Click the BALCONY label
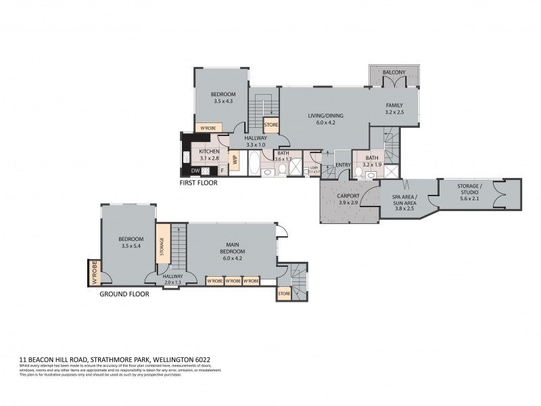tap(394, 72)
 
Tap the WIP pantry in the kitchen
tap(235, 160)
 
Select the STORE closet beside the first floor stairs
tap(271, 125)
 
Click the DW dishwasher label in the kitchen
tap(195, 171)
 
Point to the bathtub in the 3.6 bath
tap(254, 164)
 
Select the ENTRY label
tap(343, 164)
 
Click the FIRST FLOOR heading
tap(198, 183)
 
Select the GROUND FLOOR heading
tap(124, 294)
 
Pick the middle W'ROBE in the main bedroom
tap(233, 281)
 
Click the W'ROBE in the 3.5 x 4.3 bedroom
tap(205, 127)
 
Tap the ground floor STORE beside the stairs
tap(284, 294)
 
